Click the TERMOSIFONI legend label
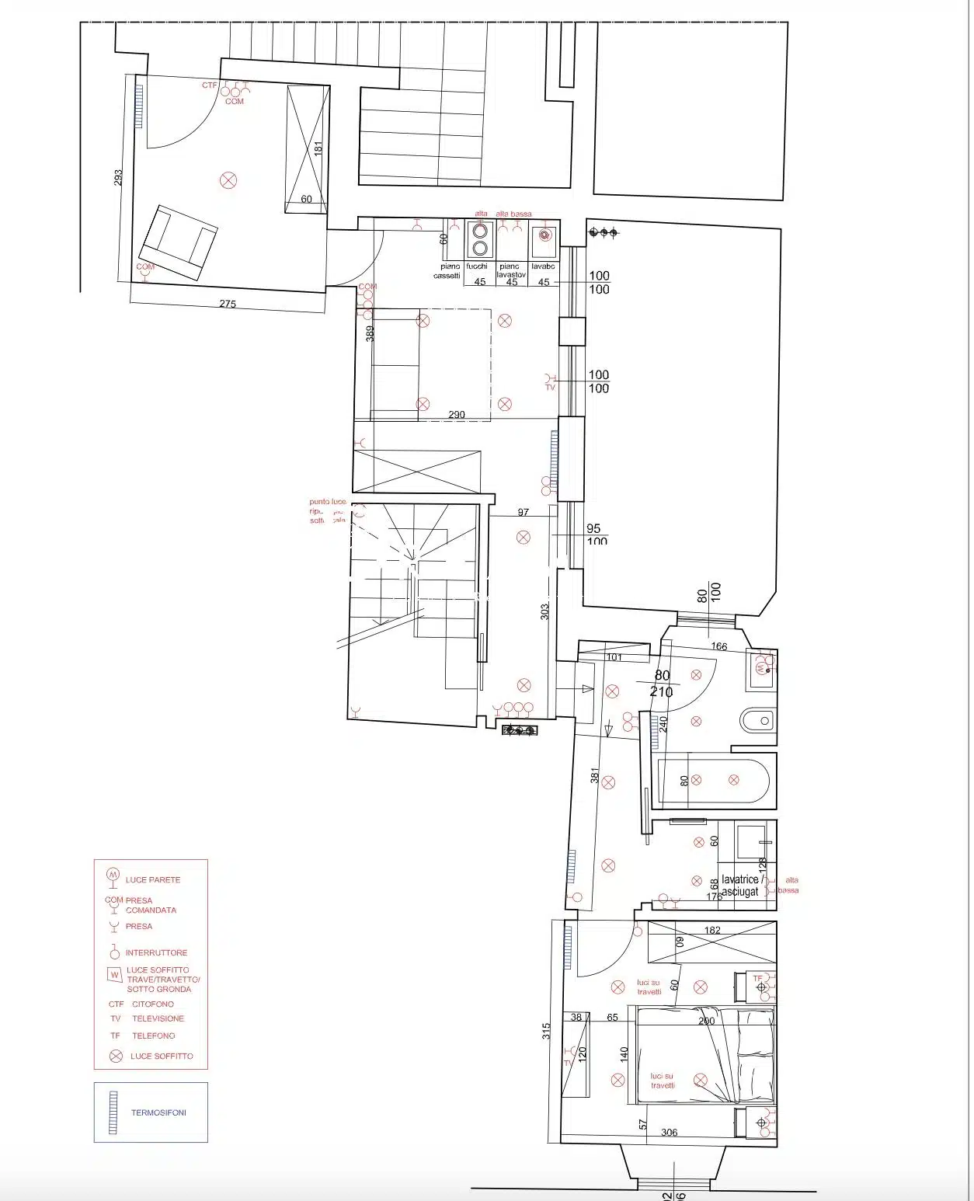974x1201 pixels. pyautogui.click(x=158, y=1112)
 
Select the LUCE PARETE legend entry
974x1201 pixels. pyautogui.click(x=152, y=880)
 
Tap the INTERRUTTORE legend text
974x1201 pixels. pyautogui.click(x=156, y=952)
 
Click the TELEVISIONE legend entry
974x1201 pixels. pyautogui.click(x=158, y=1018)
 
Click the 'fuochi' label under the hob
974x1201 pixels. pyautogui.click(x=477, y=266)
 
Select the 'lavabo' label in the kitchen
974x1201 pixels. pyautogui.click(x=542, y=266)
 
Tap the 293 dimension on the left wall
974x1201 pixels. pyautogui.click(x=118, y=178)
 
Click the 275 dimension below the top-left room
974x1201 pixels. pyautogui.click(x=227, y=304)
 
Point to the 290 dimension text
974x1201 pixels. pyautogui.click(x=457, y=415)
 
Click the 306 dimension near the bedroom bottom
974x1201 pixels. pyautogui.click(x=669, y=1133)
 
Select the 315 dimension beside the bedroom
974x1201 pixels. pyautogui.click(x=547, y=1031)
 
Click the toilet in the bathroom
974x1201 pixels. pyautogui.click(x=757, y=721)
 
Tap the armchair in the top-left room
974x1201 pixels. pyautogui.click(x=178, y=242)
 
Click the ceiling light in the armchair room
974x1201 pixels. pyautogui.click(x=228, y=181)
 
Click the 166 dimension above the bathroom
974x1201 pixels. pyautogui.click(x=718, y=646)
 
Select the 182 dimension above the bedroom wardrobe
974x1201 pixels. pyautogui.click(x=711, y=930)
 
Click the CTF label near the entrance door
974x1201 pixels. pyautogui.click(x=209, y=85)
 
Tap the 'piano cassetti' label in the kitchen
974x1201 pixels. pyautogui.click(x=447, y=271)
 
